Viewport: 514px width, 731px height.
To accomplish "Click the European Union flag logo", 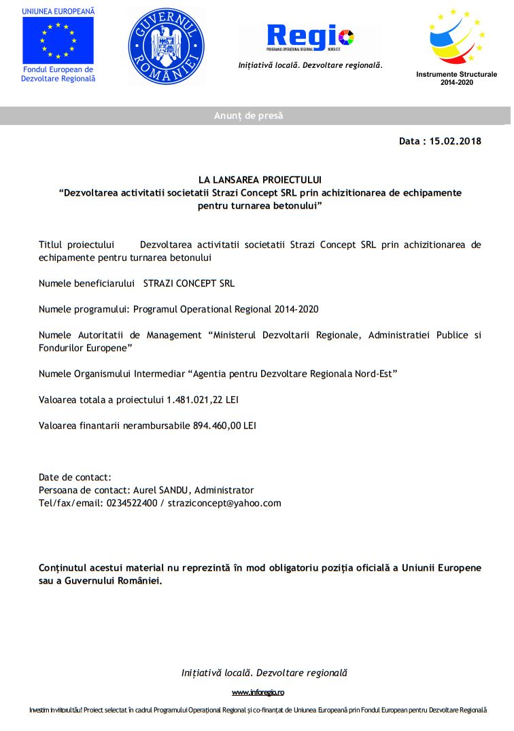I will coord(58,40).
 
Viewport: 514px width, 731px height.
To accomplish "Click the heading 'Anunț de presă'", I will coord(249,116).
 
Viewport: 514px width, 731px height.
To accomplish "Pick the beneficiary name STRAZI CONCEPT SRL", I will coord(189,283).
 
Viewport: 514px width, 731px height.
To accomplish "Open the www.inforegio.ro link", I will coord(258,692).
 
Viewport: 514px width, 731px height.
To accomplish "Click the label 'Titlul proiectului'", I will coord(75,245).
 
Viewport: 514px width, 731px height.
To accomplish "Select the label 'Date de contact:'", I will coord(75,477).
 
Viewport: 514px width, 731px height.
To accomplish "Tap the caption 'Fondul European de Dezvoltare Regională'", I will coord(58,74).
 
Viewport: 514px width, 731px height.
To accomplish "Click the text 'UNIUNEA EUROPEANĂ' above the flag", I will coord(58,12).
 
